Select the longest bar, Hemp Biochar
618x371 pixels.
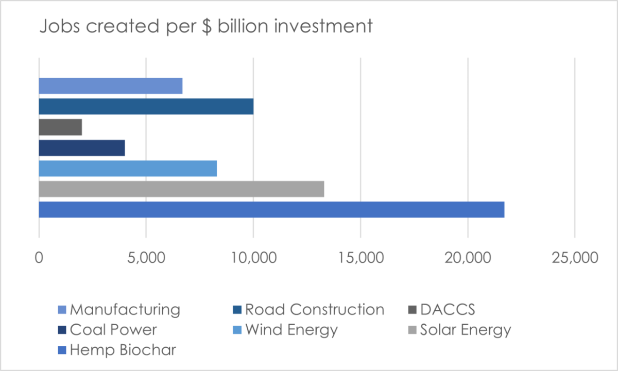coord(271,210)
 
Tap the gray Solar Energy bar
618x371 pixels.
coord(181,189)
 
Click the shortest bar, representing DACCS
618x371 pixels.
coord(60,127)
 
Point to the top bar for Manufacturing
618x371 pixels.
coord(111,86)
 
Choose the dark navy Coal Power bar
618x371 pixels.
coord(82,148)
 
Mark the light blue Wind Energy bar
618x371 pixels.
coord(128,169)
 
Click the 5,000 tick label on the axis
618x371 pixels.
coord(146,257)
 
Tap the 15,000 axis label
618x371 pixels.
coord(360,257)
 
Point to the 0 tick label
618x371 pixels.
coord(39,257)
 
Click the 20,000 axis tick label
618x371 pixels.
coord(467,257)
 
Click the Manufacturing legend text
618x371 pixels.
coord(125,310)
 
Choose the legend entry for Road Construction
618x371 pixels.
coord(314,310)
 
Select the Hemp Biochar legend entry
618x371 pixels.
coord(123,350)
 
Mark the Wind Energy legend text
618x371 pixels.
coord(291,330)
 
